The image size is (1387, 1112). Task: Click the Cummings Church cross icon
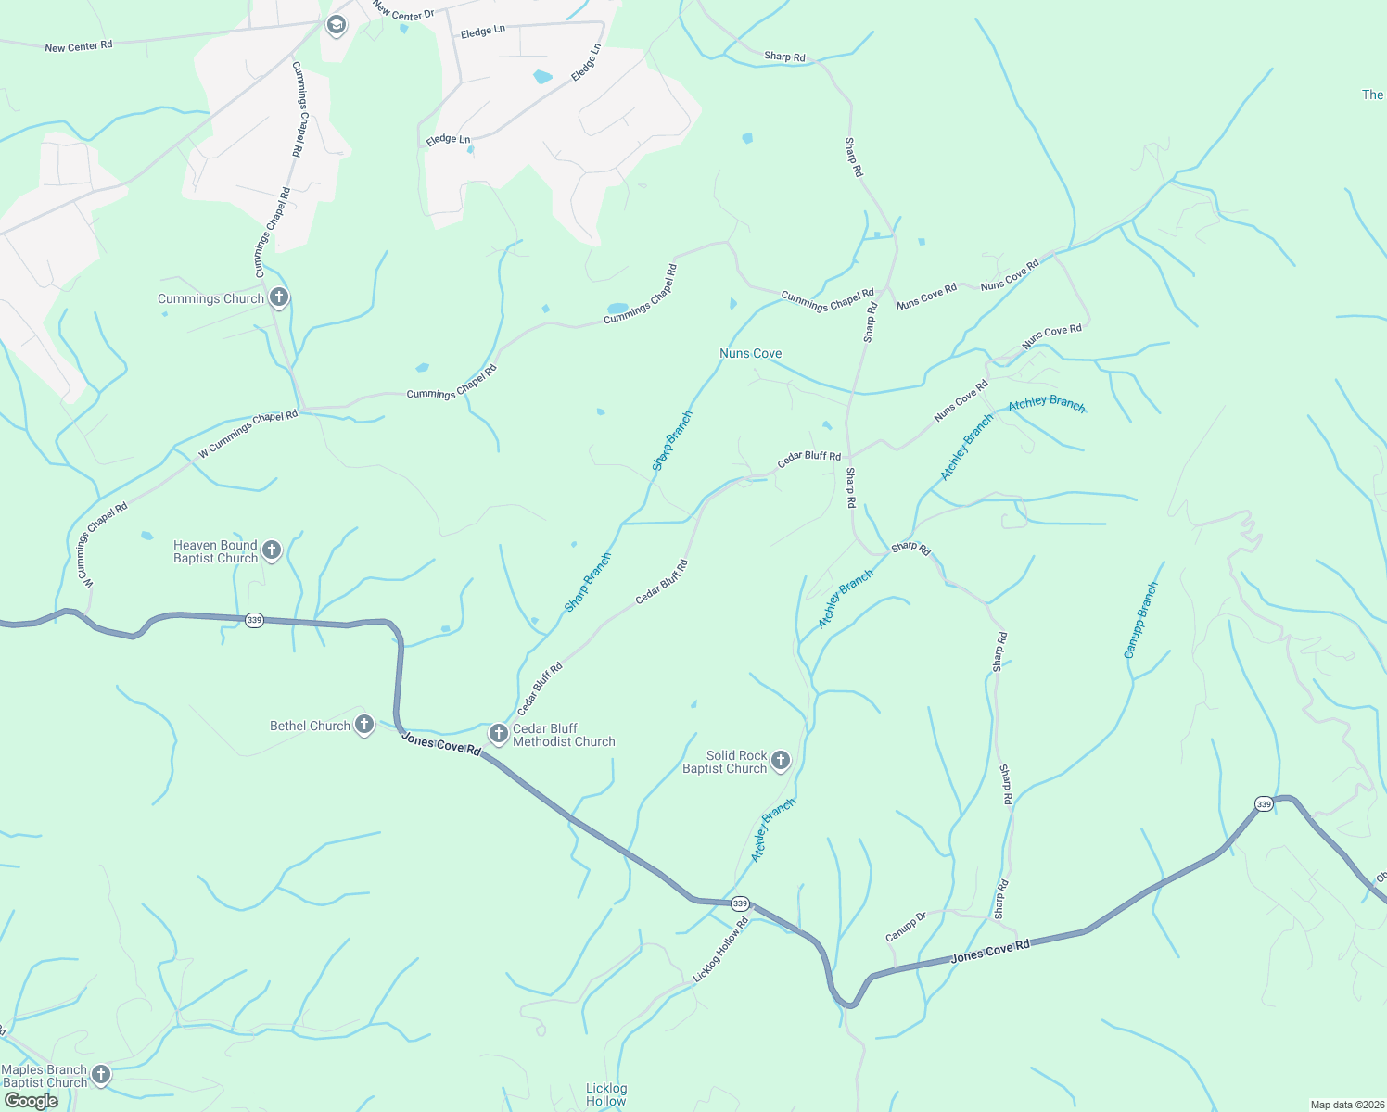(278, 297)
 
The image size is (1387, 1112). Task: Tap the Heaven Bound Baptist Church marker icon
(272, 550)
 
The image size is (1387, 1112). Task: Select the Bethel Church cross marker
(364, 725)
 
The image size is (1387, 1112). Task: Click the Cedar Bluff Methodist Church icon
(498, 734)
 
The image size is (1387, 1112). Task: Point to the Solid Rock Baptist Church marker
(781, 761)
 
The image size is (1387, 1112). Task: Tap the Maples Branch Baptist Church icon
(100, 1075)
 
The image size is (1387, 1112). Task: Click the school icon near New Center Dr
(337, 25)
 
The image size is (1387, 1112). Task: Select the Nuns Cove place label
(750, 353)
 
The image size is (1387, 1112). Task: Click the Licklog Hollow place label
(606, 1094)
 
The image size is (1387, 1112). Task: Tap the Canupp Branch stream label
(1141, 620)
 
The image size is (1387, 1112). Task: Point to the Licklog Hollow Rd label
(720, 950)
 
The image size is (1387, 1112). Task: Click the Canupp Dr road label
(906, 927)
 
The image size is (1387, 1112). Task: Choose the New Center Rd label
(78, 45)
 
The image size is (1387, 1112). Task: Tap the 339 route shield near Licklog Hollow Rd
(739, 903)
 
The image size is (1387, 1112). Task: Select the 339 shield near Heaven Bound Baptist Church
(254, 620)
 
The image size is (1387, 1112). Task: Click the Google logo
(32, 1101)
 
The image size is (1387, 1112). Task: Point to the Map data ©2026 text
(1344, 1105)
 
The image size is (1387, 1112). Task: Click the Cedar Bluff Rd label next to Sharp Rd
(808, 458)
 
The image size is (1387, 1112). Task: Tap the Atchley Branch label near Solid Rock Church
(772, 830)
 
